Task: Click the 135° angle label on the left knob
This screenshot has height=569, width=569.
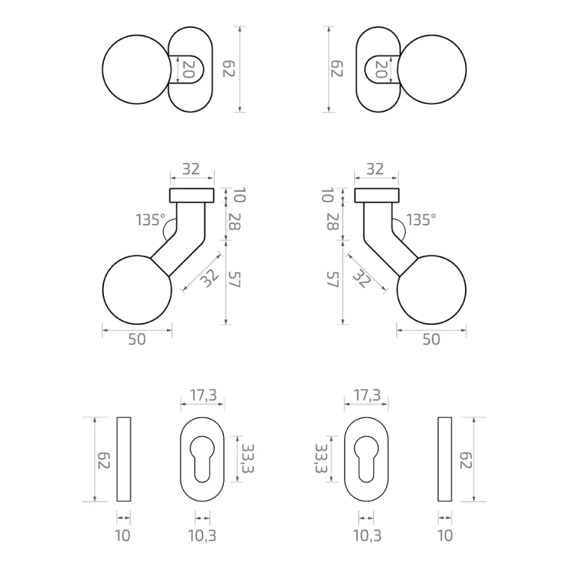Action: click(151, 220)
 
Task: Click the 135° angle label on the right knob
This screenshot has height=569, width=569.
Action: click(421, 220)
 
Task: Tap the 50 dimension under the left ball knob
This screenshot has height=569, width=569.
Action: click(137, 339)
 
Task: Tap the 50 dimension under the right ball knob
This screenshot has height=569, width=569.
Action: click(431, 339)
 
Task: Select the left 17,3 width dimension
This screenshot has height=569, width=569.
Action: click(203, 395)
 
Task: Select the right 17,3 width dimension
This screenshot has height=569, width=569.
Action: click(367, 395)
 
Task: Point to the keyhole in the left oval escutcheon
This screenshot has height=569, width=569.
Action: click(202, 459)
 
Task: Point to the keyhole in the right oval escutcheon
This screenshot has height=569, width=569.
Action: click(366, 459)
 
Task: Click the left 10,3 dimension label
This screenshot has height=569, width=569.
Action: click(202, 536)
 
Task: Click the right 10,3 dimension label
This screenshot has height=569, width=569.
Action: click(367, 536)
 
